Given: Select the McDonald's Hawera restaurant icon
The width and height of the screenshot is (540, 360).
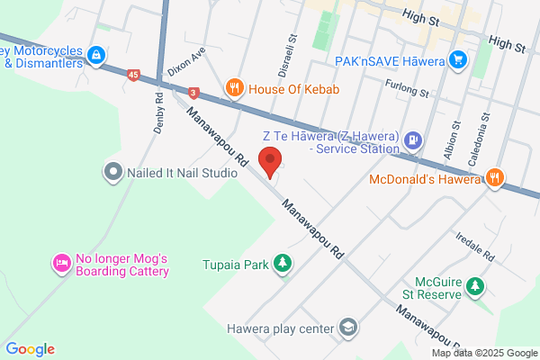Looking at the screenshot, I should pyautogui.click(x=493, y=177).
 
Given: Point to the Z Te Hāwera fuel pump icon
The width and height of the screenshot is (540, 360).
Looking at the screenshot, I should pyautogui.click(x=413, y=139).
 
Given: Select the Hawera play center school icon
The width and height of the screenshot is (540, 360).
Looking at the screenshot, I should pyautogui.click(x=347, y=328).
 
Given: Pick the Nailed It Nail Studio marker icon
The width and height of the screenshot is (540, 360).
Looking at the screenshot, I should pyautogui.click(x=113, y=170).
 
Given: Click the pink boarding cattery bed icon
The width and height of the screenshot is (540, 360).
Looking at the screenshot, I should pyautogui.click(x=61, y=264).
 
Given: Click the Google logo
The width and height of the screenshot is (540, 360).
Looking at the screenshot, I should pyautogui.click(x=31, y=349).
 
